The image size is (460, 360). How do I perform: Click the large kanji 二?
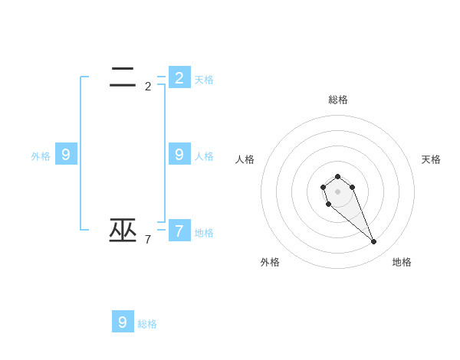[x=123, y=77]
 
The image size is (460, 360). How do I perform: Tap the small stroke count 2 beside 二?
[x=148, y=87]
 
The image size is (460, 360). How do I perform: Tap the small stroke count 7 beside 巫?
[x=148, y=240]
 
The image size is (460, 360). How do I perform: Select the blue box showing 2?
[x=179, y=77]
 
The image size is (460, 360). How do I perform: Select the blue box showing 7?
[x=179, y=230]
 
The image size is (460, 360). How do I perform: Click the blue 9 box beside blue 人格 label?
[x=179, y=154]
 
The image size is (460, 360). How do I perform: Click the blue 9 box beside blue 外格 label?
[x=66, y=154]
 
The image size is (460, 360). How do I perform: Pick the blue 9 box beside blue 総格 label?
[x=123, y=322]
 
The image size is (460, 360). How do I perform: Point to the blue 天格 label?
[x=204, y=80]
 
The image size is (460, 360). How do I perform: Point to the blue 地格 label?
[x=204, y=233]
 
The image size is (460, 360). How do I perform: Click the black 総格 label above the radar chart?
[x=338, y=100]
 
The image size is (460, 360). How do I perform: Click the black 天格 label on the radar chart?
[x=431, y=159]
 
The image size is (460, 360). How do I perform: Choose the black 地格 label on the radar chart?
[x=402, y=262]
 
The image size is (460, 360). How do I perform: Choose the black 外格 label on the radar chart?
[x=270, y=262]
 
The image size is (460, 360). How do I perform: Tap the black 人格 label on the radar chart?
[x=245, y=159]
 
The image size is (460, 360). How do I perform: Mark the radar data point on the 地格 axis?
[x=373, y=242]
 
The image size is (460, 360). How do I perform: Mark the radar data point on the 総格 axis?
[x=337, y=176]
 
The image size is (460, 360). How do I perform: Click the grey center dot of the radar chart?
[x=337, y=191]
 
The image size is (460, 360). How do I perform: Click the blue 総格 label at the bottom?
[x=147, y=324]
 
